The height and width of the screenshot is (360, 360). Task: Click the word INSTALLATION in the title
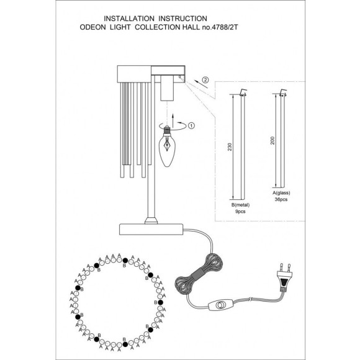coord(129,19)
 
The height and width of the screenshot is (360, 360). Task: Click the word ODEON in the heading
coord(92,27)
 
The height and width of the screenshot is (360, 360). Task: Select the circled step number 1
coord(191,125)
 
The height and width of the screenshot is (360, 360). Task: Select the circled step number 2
coord(205,80)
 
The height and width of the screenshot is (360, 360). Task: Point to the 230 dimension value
coord(230,147)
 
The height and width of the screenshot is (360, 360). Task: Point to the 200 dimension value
coord(272,140)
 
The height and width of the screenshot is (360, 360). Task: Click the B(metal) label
coord(240,205)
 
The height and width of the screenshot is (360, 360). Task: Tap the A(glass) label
coord(281,193)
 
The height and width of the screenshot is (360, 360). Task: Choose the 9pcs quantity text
coord(240,212)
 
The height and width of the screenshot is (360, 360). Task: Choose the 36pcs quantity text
coord(281,199)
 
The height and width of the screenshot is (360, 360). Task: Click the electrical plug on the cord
coord(284,277)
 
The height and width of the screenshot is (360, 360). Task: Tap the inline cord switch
coord(221,305)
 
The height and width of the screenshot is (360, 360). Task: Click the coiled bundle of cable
coord(199,274)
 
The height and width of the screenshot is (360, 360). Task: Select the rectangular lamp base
coord(151,230)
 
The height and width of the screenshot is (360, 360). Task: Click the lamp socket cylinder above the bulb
coord(167,88)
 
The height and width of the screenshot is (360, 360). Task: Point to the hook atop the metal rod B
coord(243,92)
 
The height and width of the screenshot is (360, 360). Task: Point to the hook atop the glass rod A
coord(283,92)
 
